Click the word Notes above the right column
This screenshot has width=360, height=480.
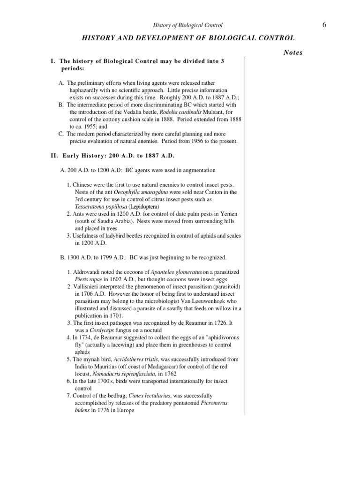(293, 52)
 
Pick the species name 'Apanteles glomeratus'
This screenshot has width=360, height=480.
(176, 272)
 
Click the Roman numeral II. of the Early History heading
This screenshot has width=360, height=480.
(53, 156)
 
